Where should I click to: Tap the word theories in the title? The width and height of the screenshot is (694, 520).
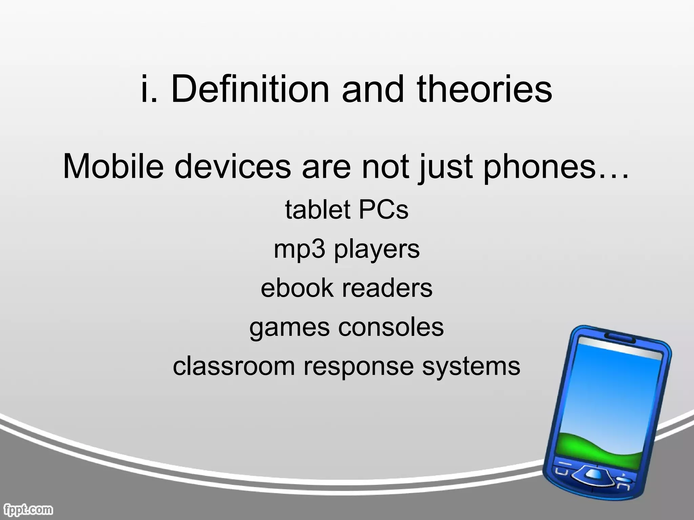point(485,89)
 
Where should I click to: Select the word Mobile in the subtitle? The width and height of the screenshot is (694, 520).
point(113,166)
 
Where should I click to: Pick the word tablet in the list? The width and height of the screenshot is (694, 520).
point(318,210)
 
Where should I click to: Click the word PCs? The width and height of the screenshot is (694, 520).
point(383,210)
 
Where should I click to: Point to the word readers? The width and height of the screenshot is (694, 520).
point(387,288)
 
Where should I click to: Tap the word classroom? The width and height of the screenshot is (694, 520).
point(234,366)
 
